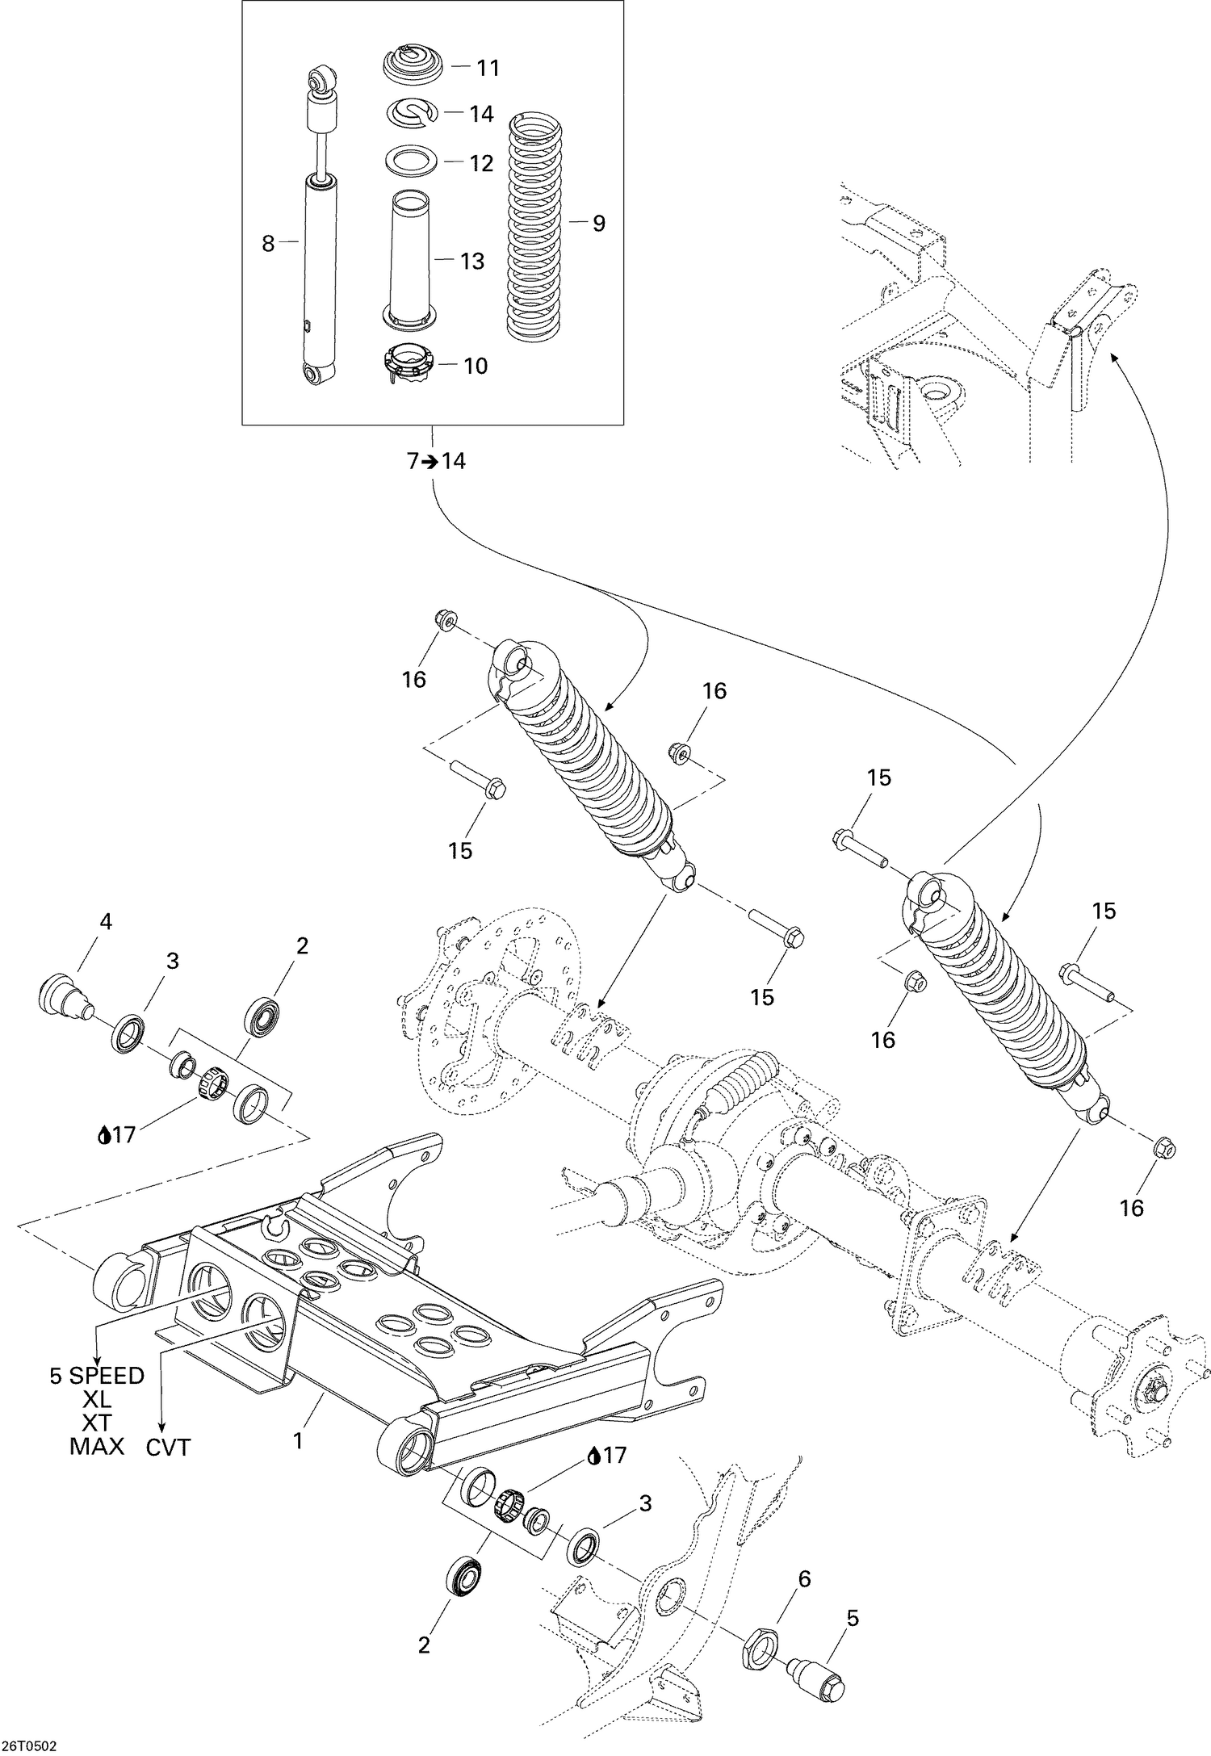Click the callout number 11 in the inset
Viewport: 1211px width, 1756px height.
point(487,68)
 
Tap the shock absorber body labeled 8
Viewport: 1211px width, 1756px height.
point(321,275)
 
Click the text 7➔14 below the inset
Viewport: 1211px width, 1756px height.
point(436,462)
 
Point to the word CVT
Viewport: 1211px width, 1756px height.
point(168,1448)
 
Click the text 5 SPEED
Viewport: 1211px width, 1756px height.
point(97,1376)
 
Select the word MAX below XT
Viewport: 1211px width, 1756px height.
point(97,1446)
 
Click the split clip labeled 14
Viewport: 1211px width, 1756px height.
point(415,113)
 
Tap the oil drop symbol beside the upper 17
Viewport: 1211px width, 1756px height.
point(103,1136)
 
